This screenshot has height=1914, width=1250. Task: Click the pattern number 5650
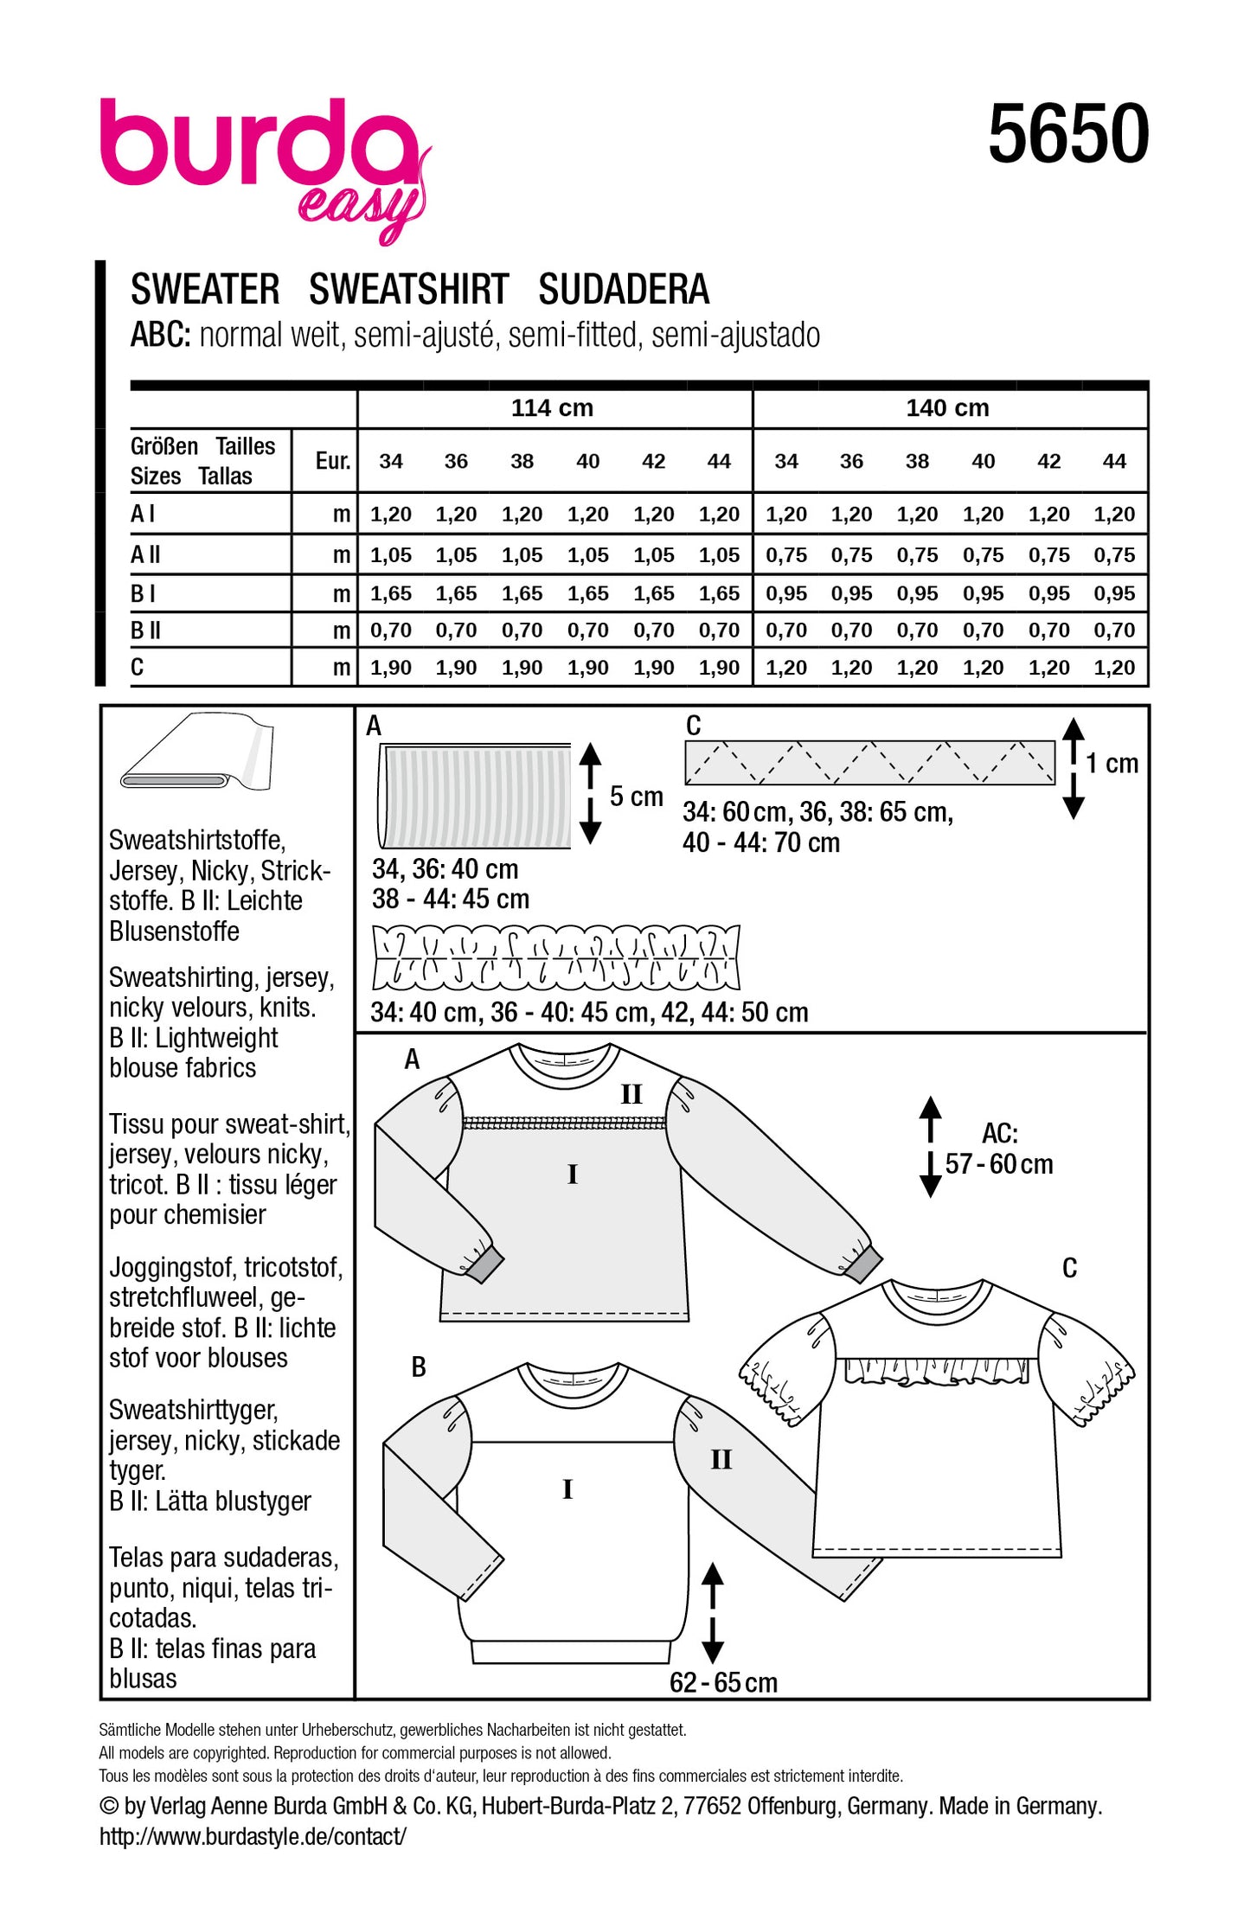(1068, 134)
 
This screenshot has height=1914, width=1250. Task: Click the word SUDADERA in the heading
(623, 290)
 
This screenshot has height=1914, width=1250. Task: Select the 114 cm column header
(552, 408)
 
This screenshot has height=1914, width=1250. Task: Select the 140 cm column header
(947, 408)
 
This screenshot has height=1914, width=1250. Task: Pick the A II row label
(145, 554)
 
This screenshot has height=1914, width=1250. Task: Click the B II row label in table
(145, 631)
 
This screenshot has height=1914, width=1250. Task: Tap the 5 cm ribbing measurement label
(636, 797)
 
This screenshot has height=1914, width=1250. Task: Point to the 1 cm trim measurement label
(1112, 764)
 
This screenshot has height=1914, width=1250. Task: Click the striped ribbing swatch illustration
(475, 796)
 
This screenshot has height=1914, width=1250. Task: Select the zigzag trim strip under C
(869, 763)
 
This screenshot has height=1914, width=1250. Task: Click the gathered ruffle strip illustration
(555, 957)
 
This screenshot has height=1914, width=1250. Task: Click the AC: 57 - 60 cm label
(999, 1149)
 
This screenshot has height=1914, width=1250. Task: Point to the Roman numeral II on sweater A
(631, 1094)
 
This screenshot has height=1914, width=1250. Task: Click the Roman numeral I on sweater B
(567, 1488)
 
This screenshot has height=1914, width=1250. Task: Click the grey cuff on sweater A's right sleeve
(862, 1267)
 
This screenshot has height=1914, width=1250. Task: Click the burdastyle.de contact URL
(253, 1836)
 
